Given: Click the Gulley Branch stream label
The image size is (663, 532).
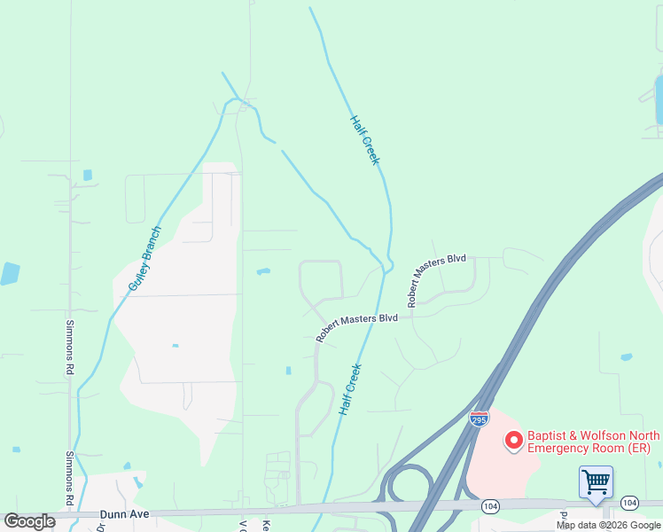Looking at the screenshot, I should (x=144, y=258).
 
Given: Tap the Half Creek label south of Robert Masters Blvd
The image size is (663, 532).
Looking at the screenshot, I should (x=350, y=390).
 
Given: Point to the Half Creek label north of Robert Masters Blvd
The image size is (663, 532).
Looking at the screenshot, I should (x=364, y=140).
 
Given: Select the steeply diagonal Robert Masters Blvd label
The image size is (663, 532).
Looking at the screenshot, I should (x=436, y=280).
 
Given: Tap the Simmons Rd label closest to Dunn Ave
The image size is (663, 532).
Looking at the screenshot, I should (x=69, y=479).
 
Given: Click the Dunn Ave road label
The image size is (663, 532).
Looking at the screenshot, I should (x=125, y=513).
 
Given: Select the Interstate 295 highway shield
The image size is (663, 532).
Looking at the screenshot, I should (x=479, y=419).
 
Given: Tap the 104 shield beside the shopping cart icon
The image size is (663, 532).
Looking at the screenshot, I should (x=629, y=503).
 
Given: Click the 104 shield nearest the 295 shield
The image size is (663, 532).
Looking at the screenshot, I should (x=489, y=505).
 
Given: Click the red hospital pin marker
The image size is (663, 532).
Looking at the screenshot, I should (x=513, y=441).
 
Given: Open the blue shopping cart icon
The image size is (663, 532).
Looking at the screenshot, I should (x=596, y=483).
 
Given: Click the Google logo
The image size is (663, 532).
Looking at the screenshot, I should (x=29, y=521).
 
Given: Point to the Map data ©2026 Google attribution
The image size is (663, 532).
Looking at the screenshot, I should (x=608, y=525).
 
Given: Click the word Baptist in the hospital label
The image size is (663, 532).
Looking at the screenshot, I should (x=548, y=435).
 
